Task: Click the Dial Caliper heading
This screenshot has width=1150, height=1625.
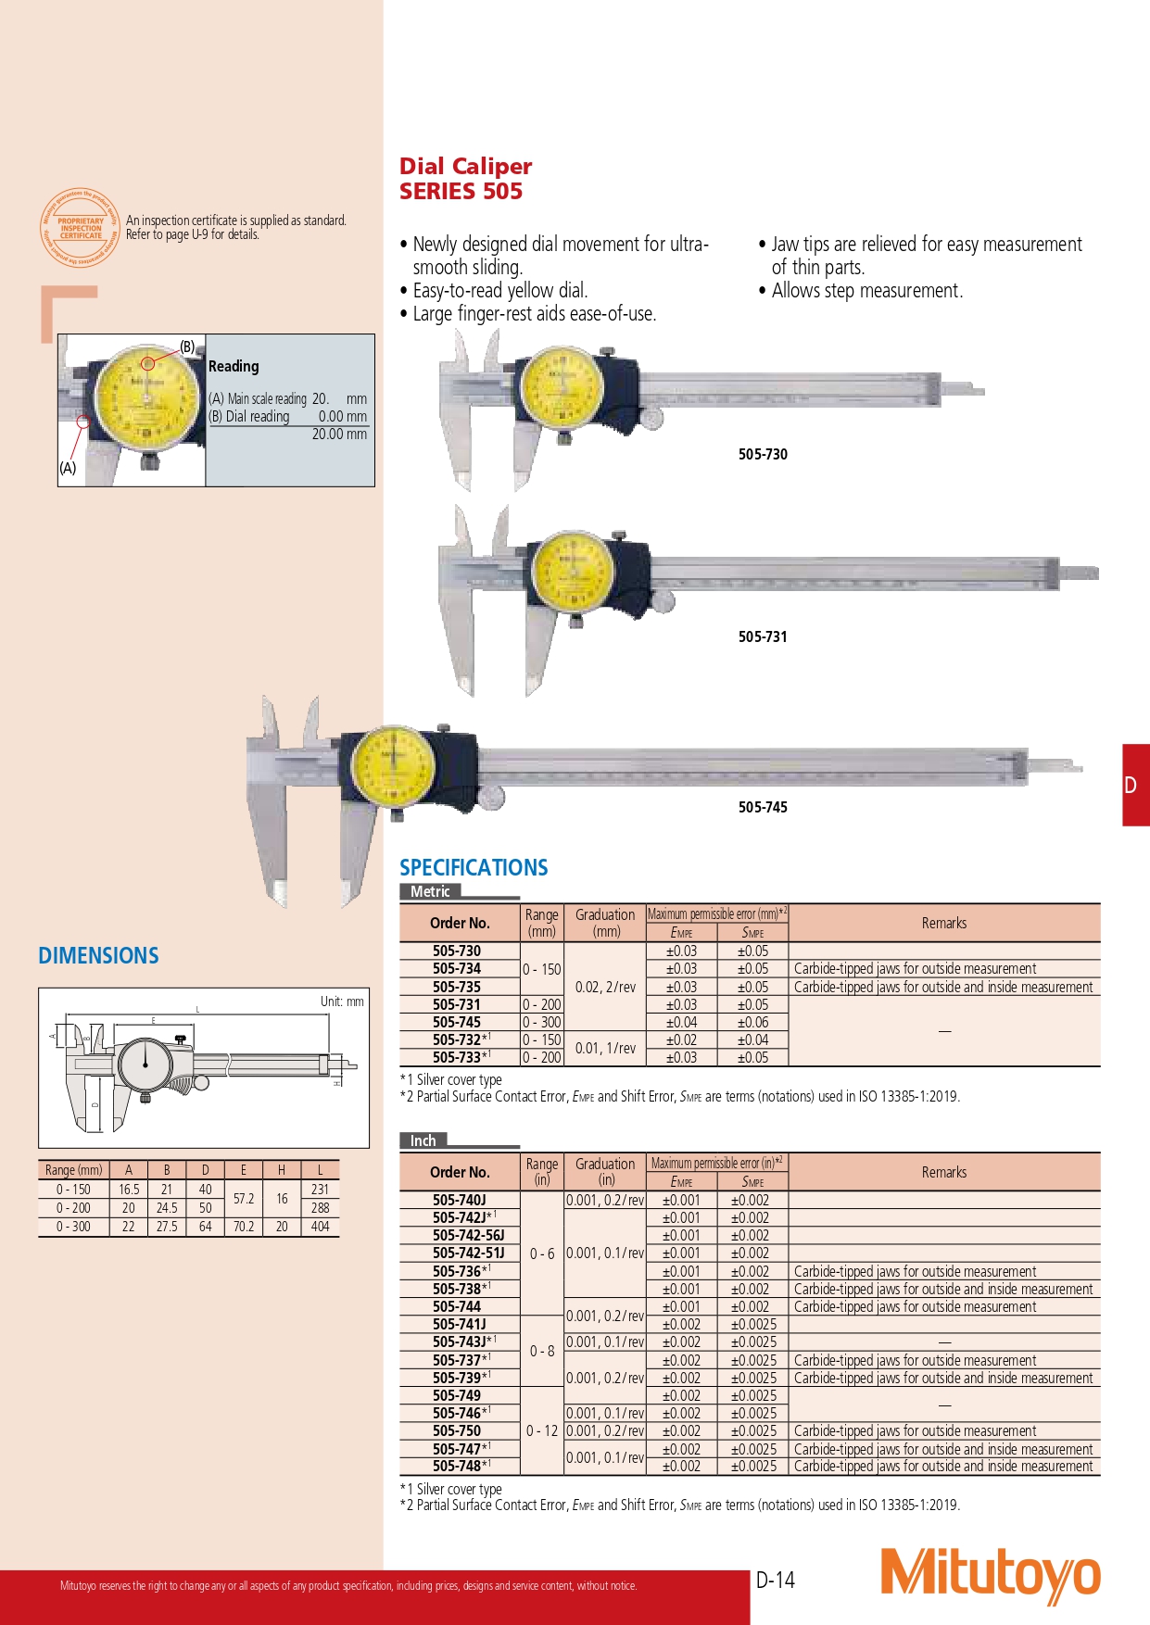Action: tap(465, 167)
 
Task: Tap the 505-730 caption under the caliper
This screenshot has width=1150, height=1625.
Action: tap(763, 454)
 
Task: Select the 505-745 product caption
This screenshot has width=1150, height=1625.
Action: tap(763, 807)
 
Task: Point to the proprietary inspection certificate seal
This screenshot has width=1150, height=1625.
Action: tap(81, 229)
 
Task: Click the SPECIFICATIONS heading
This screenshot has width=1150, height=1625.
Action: tap(474, 868)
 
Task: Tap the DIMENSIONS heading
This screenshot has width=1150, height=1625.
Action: tap(98, 956)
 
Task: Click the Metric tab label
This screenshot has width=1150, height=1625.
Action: tap(430, 891)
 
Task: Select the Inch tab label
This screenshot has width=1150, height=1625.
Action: tap(423, 1140)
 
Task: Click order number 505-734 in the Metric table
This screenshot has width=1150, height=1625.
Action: tap(457, 968)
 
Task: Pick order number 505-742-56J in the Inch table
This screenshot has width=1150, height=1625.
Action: tap(469, 1235)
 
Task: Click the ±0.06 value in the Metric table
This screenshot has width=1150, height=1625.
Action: tap(752, 1022)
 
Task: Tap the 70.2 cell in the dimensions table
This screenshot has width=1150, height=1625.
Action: tap(244, 1226)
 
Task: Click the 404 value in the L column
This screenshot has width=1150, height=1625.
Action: tap(320, 1226)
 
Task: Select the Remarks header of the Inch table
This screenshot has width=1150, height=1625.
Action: tap(943, 1172)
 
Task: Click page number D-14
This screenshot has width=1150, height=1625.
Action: tap(776, 1581)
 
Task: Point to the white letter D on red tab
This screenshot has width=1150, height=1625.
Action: tap(1131, 786)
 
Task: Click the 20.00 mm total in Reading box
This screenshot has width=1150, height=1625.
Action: tap(339, 434)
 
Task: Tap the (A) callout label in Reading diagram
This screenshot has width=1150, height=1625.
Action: tap(68, 468)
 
